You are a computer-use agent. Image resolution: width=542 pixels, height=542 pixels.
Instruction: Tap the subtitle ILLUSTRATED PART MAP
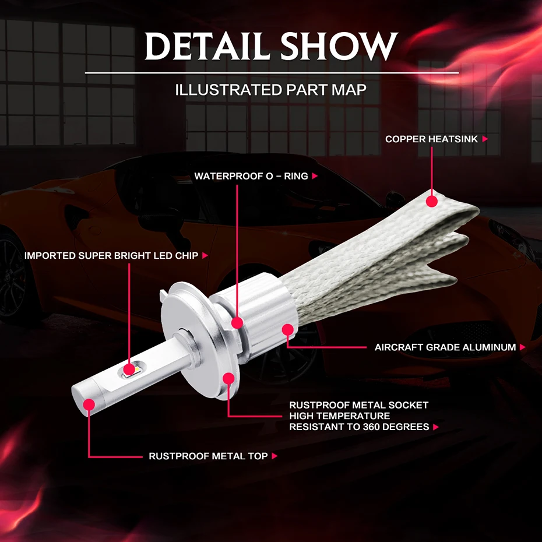coord(271,90)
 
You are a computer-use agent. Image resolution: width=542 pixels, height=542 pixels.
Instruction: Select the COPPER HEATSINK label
coord(431,139)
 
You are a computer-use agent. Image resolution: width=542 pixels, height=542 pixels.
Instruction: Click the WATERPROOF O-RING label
coord(251,176)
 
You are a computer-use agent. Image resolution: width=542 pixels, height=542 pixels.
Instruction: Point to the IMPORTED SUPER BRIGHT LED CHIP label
coord(111,255)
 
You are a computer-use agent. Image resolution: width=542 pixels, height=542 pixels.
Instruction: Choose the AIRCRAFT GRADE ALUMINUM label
coord(445,347)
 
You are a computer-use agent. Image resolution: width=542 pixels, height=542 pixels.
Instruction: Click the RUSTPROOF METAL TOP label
coord(208,456)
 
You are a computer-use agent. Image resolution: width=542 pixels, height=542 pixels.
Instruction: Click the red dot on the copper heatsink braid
coord(431,202)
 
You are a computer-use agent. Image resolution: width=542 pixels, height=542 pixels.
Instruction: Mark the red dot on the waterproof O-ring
coord(237,322)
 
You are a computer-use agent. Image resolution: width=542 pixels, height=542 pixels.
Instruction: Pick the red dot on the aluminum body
coord(287,330)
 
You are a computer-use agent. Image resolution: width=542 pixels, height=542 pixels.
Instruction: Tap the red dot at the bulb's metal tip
coord(89,404)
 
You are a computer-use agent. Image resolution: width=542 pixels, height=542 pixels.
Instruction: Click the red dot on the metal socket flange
coord(228,379)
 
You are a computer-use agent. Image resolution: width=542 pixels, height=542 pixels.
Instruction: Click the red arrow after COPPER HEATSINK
coord(485,139)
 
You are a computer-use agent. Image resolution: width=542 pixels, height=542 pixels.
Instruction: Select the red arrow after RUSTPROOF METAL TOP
coord(274,456)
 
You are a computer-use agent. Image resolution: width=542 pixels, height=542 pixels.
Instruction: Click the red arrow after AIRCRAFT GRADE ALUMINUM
coord(522,347)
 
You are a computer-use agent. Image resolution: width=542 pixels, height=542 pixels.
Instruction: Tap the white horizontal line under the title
coord(272,73)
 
